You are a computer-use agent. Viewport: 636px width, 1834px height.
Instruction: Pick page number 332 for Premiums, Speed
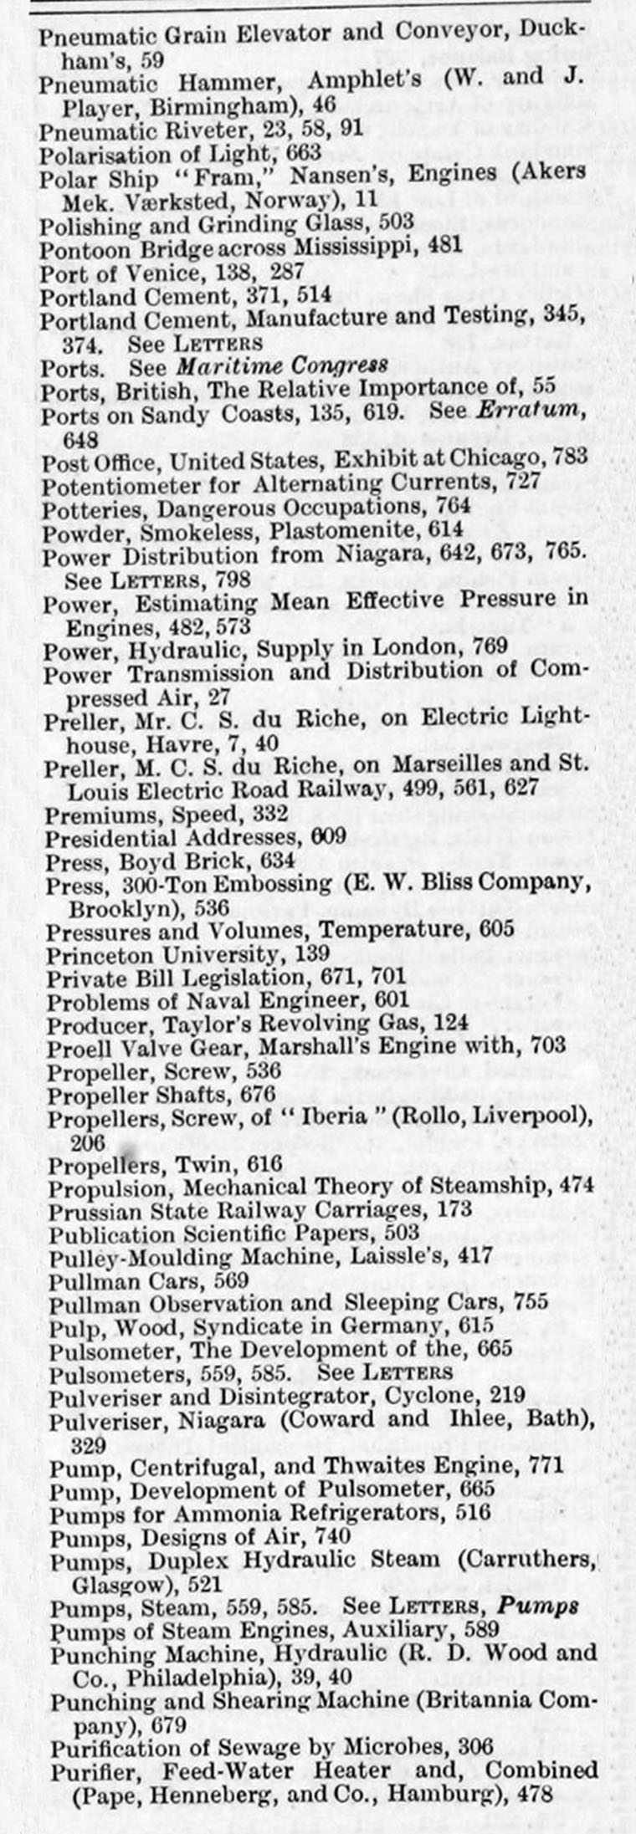click(270, 813)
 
